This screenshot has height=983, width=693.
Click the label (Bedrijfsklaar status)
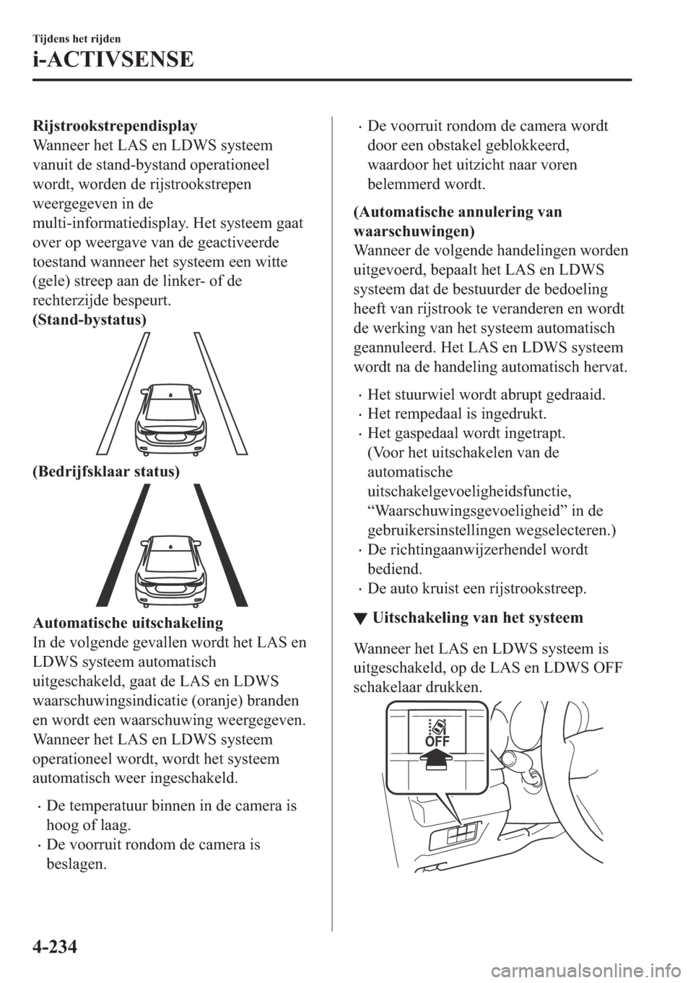point(104,471)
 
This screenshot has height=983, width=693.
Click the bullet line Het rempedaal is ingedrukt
point(456,414)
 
